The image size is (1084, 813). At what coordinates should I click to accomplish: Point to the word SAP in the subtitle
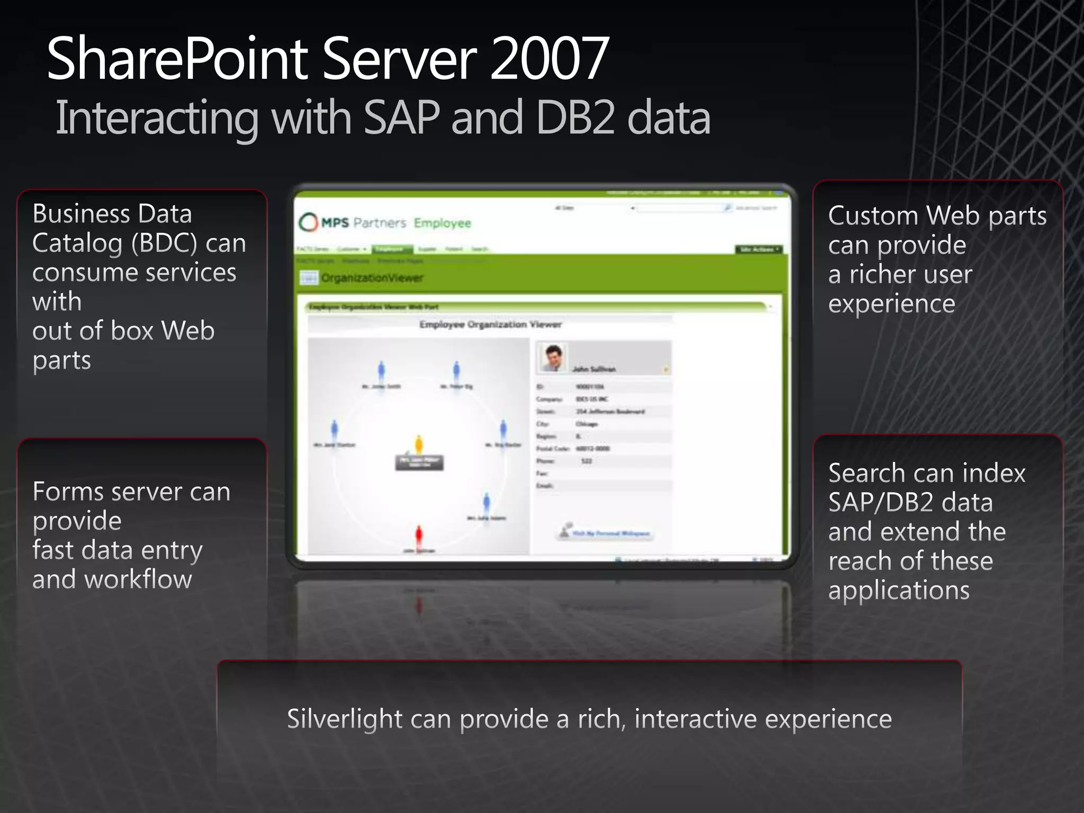tap(402, 118)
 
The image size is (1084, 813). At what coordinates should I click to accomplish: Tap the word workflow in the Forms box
tap(138, 579)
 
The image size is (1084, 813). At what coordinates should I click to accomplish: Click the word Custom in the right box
tap(873, 216)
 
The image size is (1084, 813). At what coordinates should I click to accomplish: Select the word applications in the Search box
tap(899, 590)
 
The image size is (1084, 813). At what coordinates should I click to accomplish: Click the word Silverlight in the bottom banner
tap(345, 719)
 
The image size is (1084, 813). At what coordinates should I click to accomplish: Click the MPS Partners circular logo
tap(308, 223)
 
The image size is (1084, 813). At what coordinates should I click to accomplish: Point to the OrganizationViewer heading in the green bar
tap(372, 278)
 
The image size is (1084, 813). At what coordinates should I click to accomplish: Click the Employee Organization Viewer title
tap(490, 324)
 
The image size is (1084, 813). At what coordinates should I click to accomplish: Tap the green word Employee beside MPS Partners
tap(442, 223)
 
